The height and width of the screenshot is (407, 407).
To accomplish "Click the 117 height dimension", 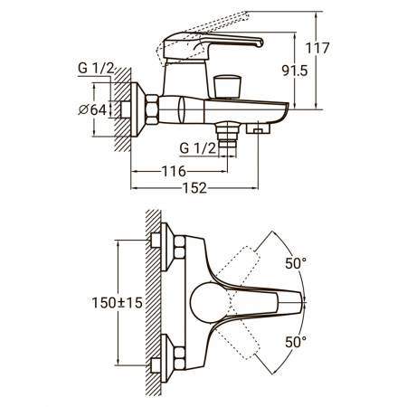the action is (317, 48).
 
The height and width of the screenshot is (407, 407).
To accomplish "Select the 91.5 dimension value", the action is (295, 71).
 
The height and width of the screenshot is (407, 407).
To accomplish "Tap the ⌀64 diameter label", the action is (92, 109).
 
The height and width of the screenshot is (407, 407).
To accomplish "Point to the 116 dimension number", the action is (174, 172).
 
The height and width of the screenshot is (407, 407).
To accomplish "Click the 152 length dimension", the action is (195, 188).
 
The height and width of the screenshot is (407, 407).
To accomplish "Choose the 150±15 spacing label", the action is (117, 303).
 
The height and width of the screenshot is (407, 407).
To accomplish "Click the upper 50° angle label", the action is (296, 263).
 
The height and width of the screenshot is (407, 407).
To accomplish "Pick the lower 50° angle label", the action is (296, 342).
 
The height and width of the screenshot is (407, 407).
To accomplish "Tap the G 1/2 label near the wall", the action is (96, 69).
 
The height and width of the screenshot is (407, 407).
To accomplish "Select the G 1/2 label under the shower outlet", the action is (198, 148).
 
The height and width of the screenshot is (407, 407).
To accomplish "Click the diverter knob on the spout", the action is (227, 87).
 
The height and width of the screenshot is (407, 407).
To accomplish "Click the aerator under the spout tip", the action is (258, 128).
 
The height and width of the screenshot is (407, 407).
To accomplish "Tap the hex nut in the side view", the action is (152, 109).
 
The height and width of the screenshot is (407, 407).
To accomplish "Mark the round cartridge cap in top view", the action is (208, 303).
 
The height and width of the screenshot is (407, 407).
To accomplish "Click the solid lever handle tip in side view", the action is (259, 43).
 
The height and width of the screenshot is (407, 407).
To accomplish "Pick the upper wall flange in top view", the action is (166, 247).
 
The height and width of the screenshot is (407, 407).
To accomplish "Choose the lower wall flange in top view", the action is (166, 358).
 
